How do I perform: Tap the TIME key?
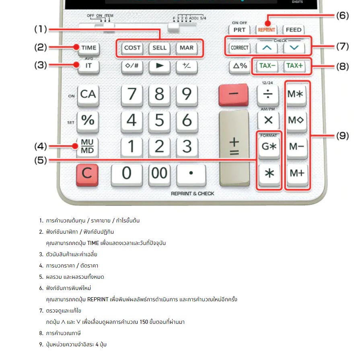[89, 48]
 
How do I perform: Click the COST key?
[132, 48]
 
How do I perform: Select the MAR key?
[187, 48]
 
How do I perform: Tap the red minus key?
[234, 94]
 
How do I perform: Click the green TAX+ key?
[294, 66]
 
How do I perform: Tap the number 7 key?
[132, 95]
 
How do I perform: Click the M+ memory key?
[298, 173]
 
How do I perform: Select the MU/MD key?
[88, 147]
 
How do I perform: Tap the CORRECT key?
[240, 48]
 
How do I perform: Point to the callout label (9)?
[342, 136]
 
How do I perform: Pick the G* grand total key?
[269, 147]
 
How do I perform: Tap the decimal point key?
[191, 174]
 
